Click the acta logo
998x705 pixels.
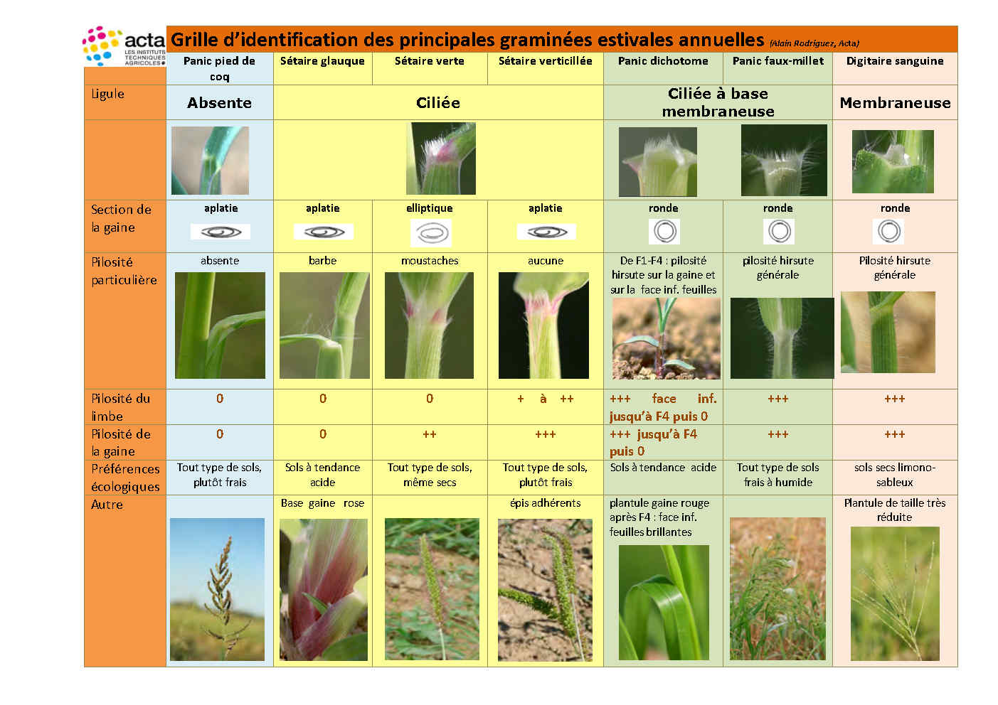124,46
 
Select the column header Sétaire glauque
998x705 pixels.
322,61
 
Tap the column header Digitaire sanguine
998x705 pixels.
895,61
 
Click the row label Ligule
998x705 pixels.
108,94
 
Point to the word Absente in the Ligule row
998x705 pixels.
219,103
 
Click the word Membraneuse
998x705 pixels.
895,103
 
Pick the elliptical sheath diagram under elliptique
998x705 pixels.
431,233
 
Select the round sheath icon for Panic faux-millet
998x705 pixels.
779,232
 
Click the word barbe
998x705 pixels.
322,260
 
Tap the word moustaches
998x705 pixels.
430,260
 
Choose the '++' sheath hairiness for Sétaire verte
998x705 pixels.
430,434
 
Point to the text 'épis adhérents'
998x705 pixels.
546,503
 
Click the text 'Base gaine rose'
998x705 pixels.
322,503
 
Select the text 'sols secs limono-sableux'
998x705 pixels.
895,475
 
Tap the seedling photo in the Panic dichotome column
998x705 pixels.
666,339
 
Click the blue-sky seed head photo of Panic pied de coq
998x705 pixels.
217,589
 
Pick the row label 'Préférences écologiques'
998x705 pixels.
125,478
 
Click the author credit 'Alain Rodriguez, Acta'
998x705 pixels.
814,43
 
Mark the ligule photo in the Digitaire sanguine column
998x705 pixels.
893,161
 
